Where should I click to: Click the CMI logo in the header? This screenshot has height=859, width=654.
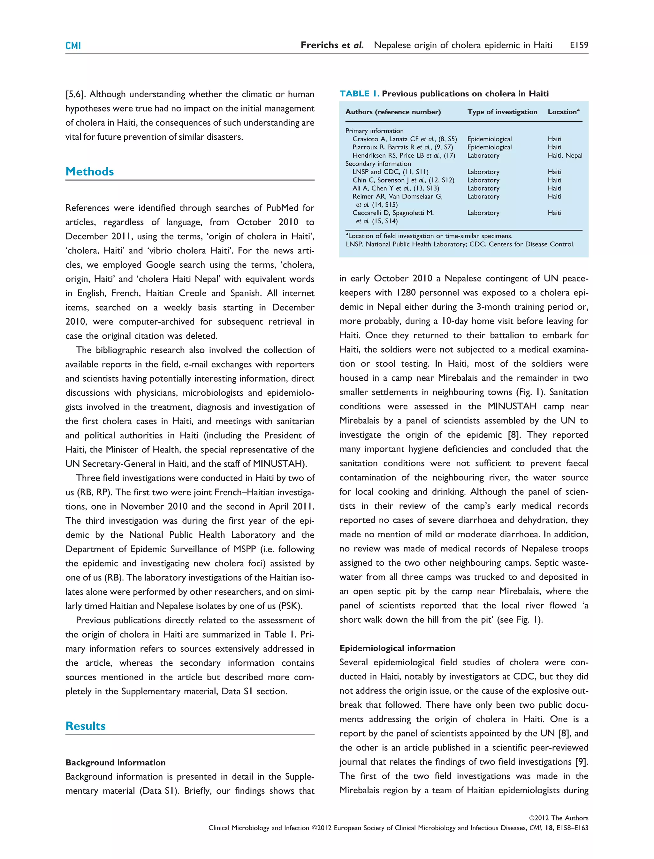pos(73,46)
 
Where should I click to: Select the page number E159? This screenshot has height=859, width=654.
pos(579,45)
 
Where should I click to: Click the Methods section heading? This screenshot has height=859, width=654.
pos(89,172)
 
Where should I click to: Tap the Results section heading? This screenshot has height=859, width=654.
pos(85,726)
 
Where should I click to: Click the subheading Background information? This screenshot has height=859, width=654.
pos(115,763)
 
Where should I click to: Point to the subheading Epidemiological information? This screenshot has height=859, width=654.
pos(397,648)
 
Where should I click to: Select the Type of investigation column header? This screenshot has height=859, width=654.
pos(502,112)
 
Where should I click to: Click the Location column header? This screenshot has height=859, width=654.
pos(563,112)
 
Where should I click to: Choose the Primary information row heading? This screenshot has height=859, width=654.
pos(374,131)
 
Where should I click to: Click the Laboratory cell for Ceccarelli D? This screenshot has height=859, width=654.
pos(483,213)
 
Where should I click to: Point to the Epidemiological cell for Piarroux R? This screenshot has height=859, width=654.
pos(489,147)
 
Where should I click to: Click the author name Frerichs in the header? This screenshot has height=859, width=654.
pos(320,45)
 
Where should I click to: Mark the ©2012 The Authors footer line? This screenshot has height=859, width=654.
pos(558,818)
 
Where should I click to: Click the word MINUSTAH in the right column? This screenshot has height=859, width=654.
pos(512,407)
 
